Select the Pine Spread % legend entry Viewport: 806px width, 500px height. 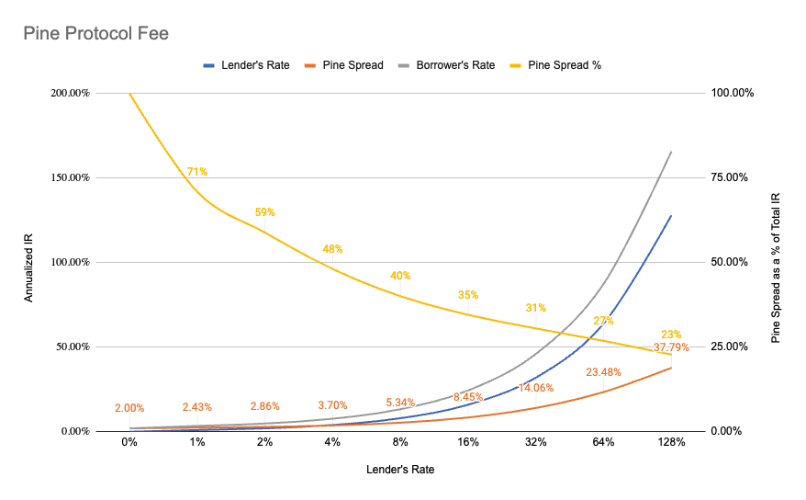pyautogui.click(x=564, y=65)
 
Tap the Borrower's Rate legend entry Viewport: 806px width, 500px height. pyautogui.click(x=454, y=65)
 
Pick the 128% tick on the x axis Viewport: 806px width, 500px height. pyautogui.click(x=671, y=442)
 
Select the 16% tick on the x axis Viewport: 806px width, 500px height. pyautogui.click(x=468, y=442)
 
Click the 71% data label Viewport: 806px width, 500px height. pyautogui.click(x=196, y=171)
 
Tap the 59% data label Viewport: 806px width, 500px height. pyautogui.click(x=264, y=211)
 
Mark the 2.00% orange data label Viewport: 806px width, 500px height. pyautogui.click(x=129, y=407)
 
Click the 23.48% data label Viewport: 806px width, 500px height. pyautogui.click(x=603, y=372)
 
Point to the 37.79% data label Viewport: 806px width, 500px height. pyautogui.click(x=672, y=347)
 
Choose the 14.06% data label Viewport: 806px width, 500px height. pyautogui.click(x=535, y=388)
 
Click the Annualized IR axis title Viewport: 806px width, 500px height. pyautogui.click(x=29, y=262)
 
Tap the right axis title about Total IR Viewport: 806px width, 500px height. pyautogui.click(x=777, y=262)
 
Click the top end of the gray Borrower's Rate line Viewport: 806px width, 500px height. pyautogui.click(x=671, y=152)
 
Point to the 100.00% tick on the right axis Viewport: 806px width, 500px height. pyautogui.click(x=735, y=93)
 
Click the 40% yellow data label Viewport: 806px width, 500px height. pyautogui.click(x=400, y=275)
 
